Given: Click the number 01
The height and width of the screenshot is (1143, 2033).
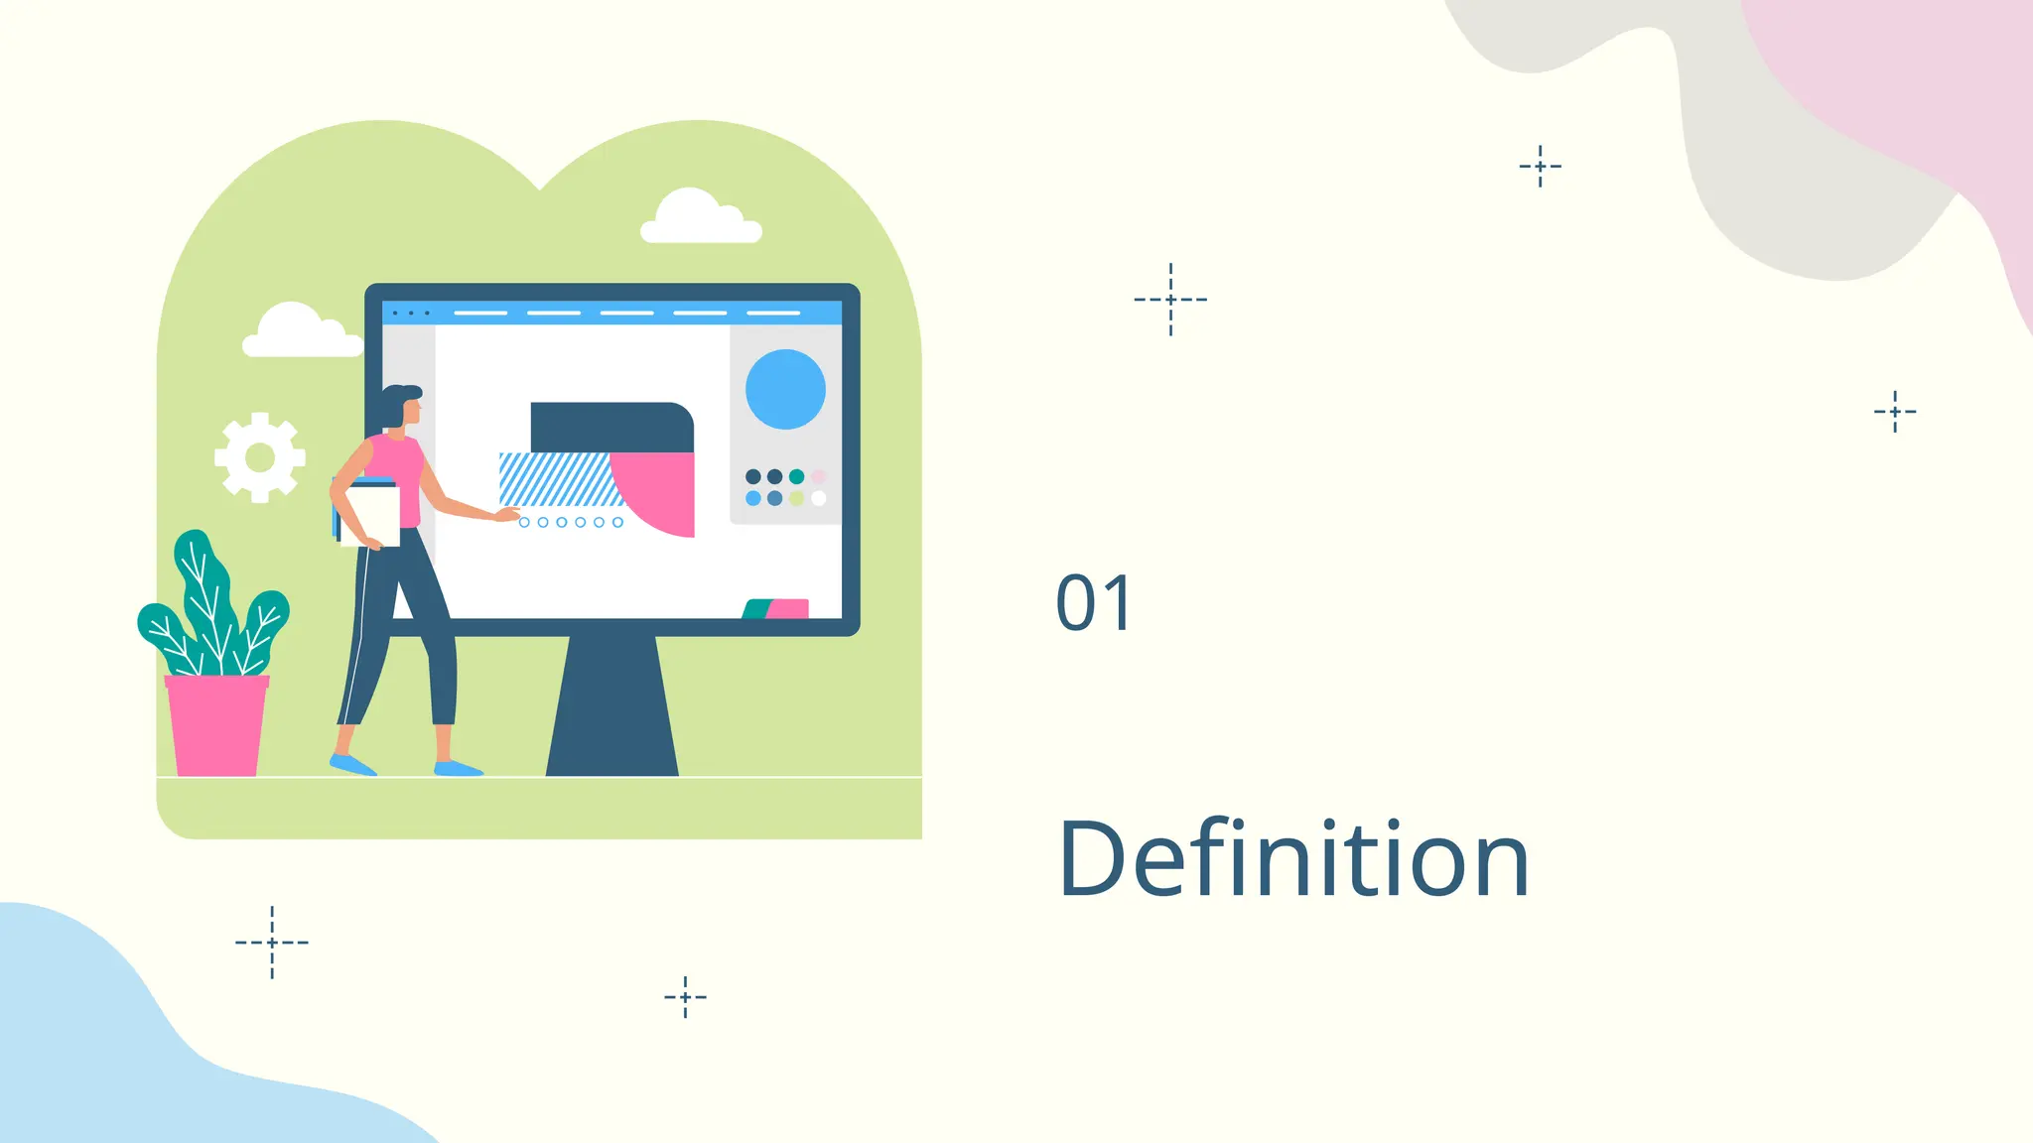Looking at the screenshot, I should [x=1093, y=603].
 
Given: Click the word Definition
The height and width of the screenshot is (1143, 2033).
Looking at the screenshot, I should [x=1293, y=859].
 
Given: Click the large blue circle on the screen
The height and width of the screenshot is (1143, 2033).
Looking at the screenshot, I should [x=785, y=389].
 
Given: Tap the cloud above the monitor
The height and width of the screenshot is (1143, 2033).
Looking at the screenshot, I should [x=700, y=218].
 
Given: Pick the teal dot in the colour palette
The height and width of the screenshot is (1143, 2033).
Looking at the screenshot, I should [x=796, y=477].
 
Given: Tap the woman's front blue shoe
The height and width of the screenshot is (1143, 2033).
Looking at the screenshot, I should [x=458, y=768].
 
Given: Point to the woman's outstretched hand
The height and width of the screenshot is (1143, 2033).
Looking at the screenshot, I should [x=508, y=514].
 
